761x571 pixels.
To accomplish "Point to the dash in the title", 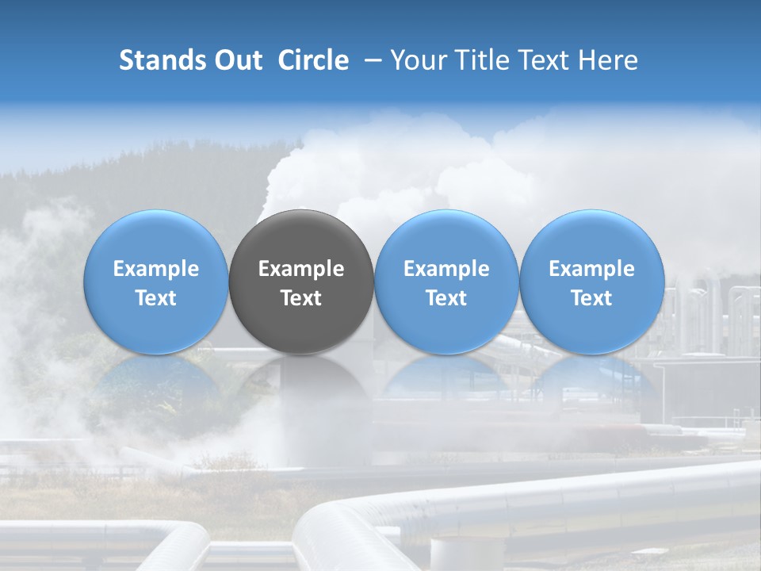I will tap(370, 60).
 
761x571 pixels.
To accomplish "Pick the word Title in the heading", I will tap(480, 60).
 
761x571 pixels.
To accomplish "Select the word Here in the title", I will tap(609, 60).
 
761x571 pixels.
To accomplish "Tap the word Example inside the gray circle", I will tap(301, 269).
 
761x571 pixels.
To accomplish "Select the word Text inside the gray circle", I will tap(301, 298).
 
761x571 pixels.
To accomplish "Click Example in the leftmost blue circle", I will tap(156, 269).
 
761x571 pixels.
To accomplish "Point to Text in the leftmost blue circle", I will tap(156, 298).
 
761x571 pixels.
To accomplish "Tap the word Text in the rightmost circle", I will tap(592, 298).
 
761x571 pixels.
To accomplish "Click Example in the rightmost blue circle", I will tap(592, 269).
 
